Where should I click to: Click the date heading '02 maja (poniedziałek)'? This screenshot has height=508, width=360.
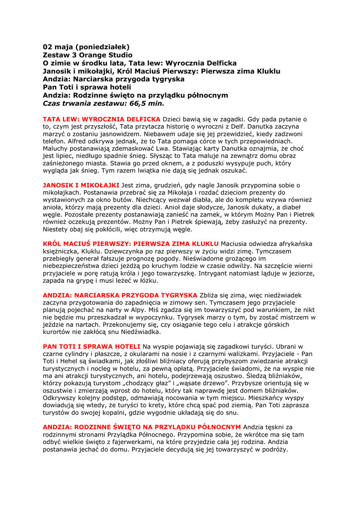86,47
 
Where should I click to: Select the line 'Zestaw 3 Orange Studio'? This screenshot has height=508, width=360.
87,55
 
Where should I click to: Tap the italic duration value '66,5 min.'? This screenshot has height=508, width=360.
147,103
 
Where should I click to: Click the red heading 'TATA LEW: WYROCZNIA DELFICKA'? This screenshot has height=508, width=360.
102,119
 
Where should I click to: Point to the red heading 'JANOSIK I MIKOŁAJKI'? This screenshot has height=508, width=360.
81,185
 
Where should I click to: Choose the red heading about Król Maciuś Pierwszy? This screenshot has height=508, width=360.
131,244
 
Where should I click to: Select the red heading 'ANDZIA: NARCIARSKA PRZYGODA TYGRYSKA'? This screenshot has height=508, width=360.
120,295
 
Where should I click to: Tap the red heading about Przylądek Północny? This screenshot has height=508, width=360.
142,427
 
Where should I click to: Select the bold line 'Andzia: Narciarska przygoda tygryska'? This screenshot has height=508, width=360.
114,79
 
